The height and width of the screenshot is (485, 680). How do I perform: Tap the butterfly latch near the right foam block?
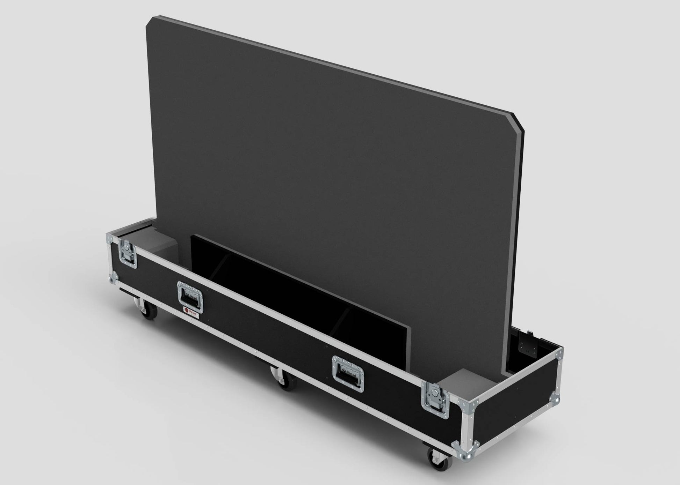tap(434, 399)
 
